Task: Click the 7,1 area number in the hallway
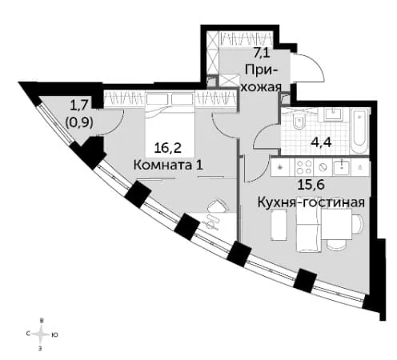262,53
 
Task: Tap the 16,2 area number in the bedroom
168,148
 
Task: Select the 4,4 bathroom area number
321,142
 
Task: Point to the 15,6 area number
311,185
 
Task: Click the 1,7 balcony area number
78,106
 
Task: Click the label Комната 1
168,166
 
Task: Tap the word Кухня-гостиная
311,202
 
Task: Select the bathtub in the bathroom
360,131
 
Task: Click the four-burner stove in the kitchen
303,167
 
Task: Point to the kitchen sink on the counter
342,166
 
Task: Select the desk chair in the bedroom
218,206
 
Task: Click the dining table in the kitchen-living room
337,224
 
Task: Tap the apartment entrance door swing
309,66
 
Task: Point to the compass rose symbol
41,334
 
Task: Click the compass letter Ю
54,335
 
